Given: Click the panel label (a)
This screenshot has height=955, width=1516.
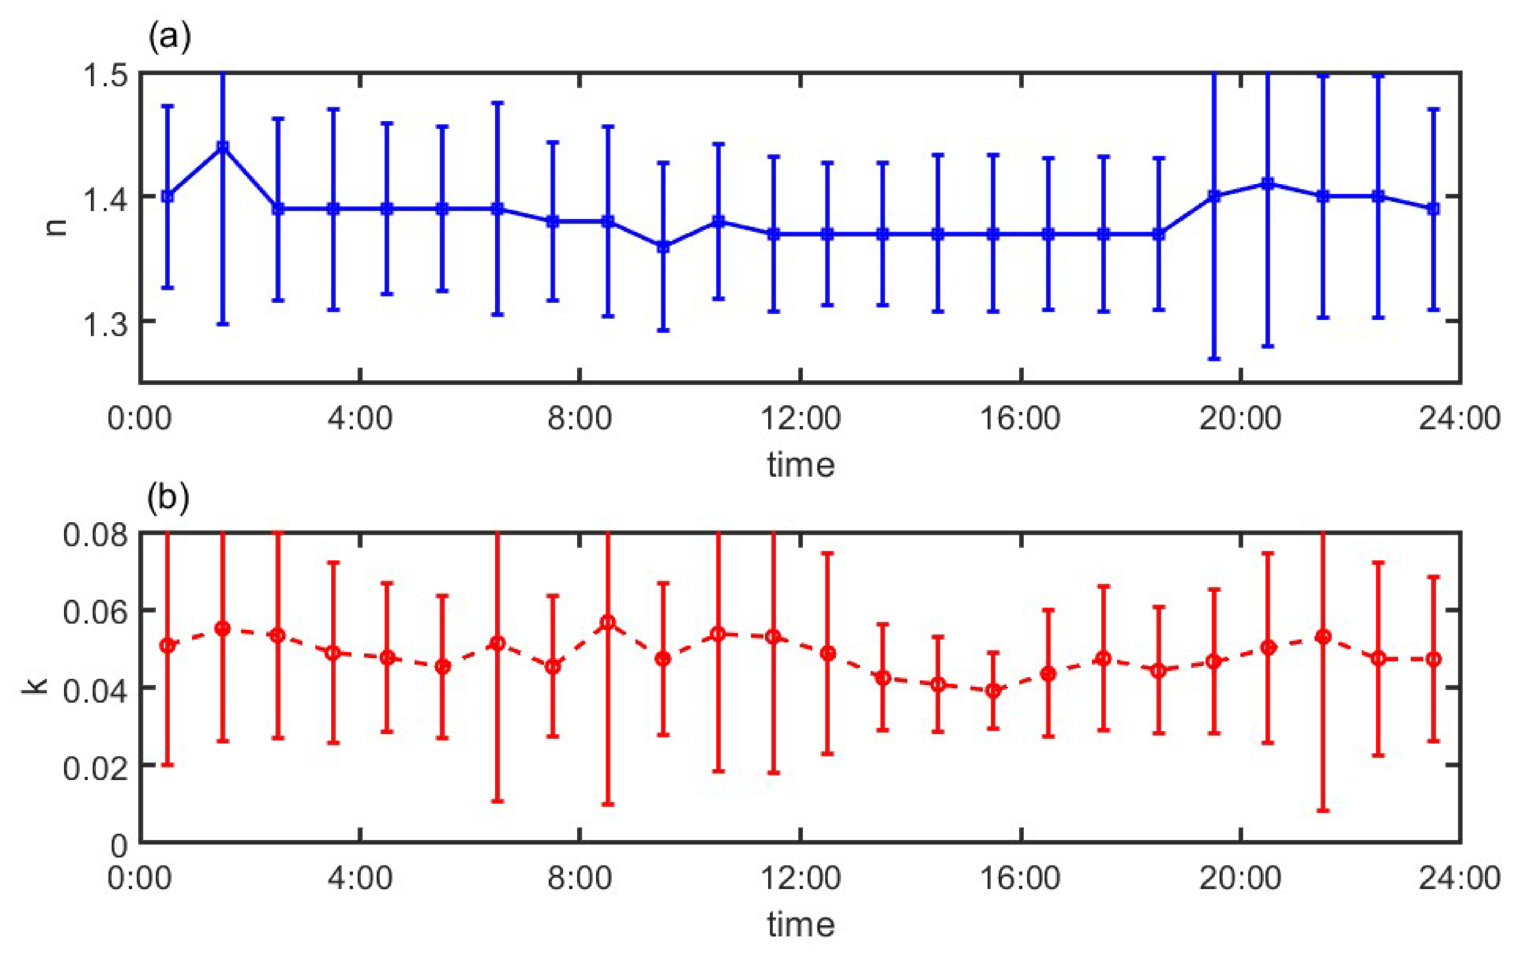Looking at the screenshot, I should [x=168, y=39].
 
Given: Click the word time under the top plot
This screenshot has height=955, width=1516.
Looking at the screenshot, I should [x=801, y=465].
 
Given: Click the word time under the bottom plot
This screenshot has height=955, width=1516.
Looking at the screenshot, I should [x=801, y=924].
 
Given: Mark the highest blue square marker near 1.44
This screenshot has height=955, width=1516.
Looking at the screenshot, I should [x=222, y=147].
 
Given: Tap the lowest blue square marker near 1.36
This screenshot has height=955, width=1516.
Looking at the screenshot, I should [x=663, y=247].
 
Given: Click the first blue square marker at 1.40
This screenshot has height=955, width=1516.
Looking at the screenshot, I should [x=167, y=196].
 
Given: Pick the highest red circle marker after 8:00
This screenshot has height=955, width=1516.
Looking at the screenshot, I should [x=608, y=622].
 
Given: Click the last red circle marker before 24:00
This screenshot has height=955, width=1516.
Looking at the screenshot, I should [x=1433, y=659].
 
